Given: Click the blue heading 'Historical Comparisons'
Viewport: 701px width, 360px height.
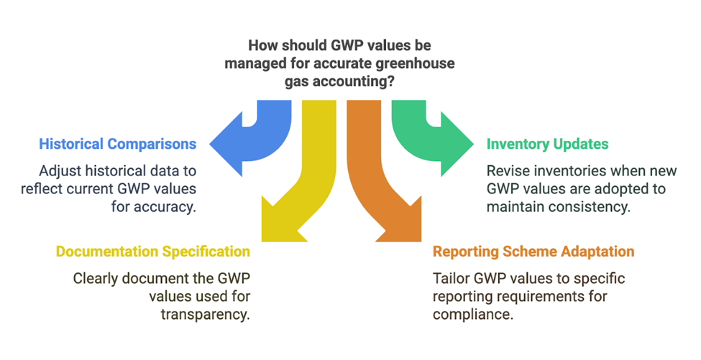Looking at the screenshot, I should click(x=118, y=144).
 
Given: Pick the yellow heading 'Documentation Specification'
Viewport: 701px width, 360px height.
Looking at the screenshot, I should click(x=153, y=251).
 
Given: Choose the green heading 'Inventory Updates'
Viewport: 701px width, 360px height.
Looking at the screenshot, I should click(x=547, y=144).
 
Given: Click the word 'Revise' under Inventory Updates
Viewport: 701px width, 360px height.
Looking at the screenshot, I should click(x=506, y=172).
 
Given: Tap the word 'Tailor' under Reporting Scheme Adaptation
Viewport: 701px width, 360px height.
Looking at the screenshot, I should click(x=449, y=279).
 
